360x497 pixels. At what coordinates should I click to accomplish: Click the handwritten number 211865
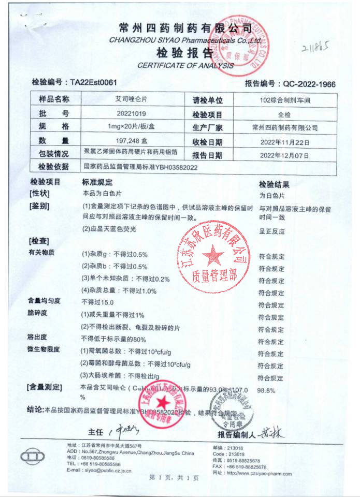316,49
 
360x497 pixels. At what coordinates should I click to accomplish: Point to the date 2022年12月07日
289,154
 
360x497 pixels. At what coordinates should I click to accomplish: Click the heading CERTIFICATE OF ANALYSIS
185,66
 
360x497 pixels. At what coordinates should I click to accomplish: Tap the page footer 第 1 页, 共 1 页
174,477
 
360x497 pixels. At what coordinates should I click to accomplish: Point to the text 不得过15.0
97,302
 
